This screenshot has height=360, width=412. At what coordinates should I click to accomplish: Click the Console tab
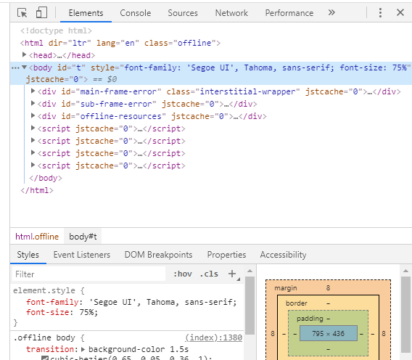click(x=136, y=13)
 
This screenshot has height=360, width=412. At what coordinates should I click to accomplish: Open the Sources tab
click(x=183, y=13)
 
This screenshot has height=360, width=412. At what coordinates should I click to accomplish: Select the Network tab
click(x=231, y=13)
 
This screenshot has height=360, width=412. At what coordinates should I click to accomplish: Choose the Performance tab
click(x=289, y=13)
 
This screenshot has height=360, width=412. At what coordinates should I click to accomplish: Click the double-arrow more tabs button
click(x=331, y=12)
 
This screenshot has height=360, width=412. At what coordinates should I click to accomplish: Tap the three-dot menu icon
click(x=380, y=12)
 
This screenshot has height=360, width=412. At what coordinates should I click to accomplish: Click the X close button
click(x=400, y=12)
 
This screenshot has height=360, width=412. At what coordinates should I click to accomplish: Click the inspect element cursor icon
click(x=22, y=12)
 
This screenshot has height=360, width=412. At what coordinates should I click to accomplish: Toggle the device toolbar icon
click(x=41, y=12)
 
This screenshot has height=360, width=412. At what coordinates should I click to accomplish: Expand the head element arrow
click(x=24, y=54)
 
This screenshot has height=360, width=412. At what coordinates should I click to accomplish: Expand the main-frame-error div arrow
click(x=33, y=91)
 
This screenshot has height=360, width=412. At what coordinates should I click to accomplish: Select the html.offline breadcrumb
click(x=37, y=237)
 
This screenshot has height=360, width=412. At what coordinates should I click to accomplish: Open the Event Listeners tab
click(x=82, y=255)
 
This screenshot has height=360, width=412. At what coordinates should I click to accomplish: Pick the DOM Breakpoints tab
click(x=158, y=255)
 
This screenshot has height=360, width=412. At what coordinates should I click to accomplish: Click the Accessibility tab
click(x=283, y=255)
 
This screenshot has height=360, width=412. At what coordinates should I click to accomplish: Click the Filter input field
click(x=88, y=274)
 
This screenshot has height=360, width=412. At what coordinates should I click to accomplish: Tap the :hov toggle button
click(x=183, y=274)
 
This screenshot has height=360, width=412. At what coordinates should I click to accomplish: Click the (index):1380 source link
click(x=214, y=337)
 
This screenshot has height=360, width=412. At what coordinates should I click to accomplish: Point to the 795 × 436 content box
click(x=329, y=333)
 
